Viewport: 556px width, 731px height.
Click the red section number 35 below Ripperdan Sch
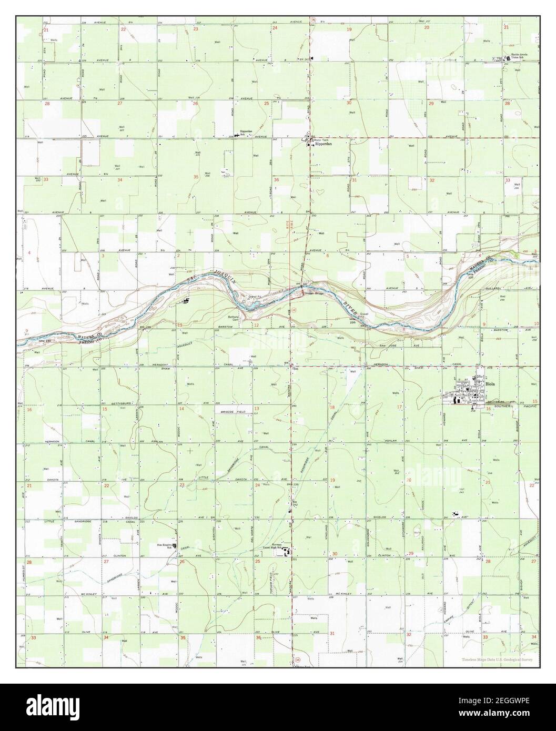[x=196, y=177]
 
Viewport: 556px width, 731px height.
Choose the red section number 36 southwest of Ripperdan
[x=277, y=180]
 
